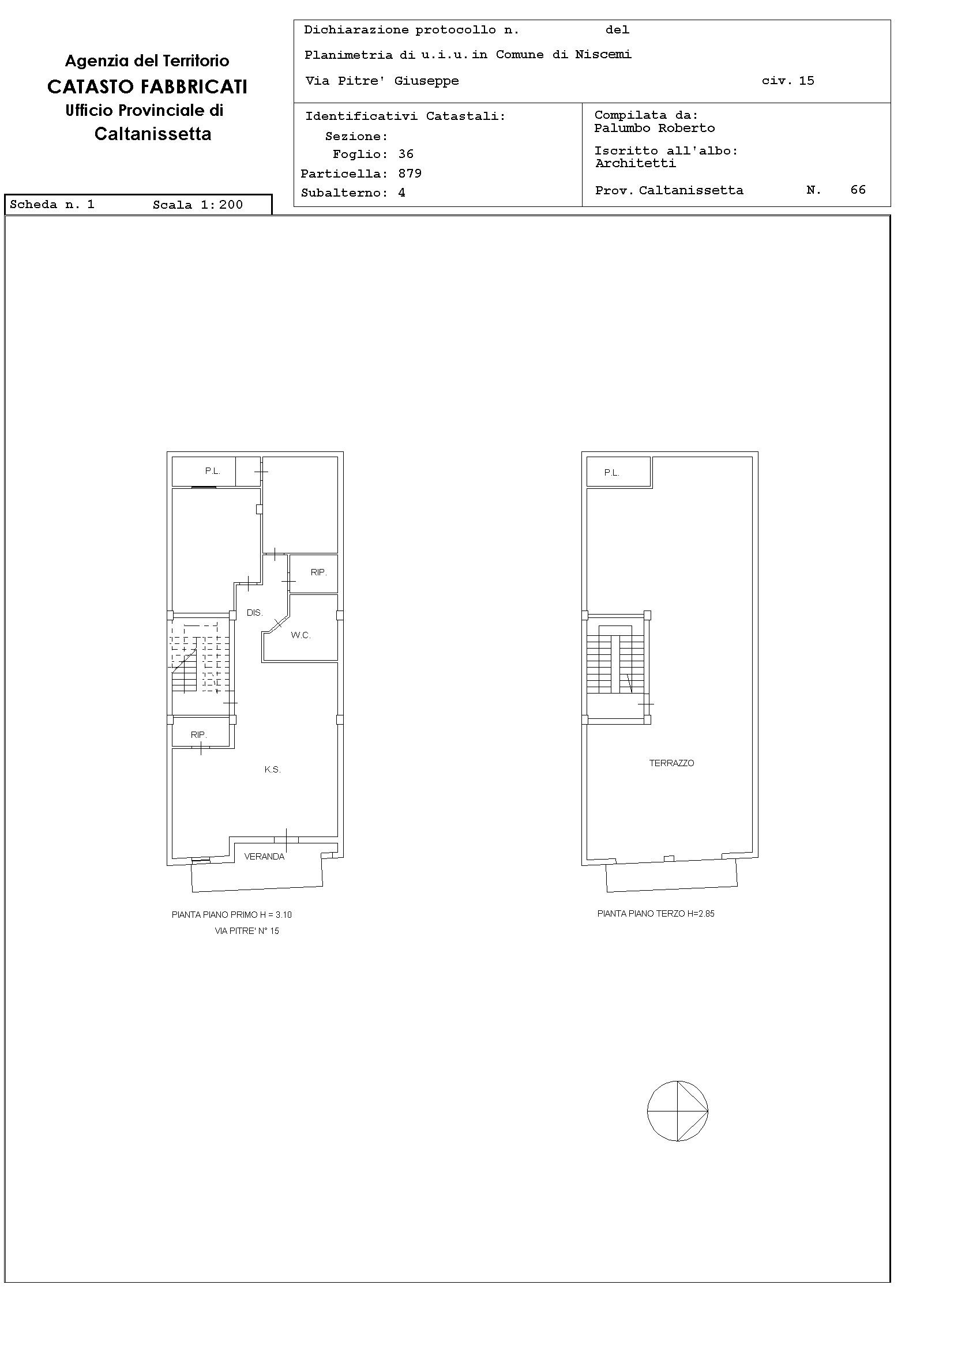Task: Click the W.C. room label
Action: pos(301,635)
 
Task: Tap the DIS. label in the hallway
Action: pos(254,613)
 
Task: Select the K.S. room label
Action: pos(272,770)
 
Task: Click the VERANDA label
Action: pos(265,857)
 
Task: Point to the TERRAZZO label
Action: pos(671,763)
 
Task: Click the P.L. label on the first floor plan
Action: pos(212,470)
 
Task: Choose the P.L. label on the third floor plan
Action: pos(611,472)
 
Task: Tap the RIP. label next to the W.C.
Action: pos(318,572)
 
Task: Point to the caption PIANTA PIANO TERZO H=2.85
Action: pos(655,914)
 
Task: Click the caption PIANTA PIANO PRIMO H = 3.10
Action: pos(232,915)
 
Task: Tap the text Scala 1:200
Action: pos(197,205)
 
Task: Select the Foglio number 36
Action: pos(406,154)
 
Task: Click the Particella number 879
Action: pos(410,174)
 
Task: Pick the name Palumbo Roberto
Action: pos(654,128)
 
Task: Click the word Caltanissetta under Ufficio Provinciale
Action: pos(153,134)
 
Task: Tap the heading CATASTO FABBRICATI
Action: pos(147,87)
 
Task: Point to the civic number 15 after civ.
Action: pos(806,81)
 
